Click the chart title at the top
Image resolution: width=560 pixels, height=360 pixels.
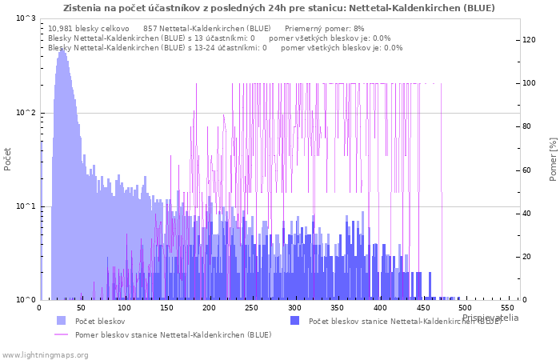(279, 8)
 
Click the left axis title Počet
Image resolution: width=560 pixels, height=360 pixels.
(8, 158)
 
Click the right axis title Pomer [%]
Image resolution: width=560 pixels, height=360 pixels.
(553, 158)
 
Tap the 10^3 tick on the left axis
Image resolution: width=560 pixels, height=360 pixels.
(25, 18)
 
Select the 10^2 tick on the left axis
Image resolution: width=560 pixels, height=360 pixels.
(25, 113)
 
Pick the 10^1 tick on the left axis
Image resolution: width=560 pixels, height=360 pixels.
(25, 206)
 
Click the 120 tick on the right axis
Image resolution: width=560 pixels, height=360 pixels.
(530, 40)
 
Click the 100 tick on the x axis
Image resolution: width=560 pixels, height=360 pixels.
(124, 308)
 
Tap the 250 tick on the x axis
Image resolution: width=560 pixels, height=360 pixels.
(252, 308)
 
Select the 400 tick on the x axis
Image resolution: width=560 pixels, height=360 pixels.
(380, 308)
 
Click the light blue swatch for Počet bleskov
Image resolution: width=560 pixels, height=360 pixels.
(62, 321)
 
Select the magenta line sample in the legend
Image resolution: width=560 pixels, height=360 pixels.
(62, 334)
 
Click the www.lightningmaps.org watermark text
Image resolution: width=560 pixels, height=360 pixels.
(46, 354)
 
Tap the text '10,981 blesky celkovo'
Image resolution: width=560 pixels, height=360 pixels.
(88, 28)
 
